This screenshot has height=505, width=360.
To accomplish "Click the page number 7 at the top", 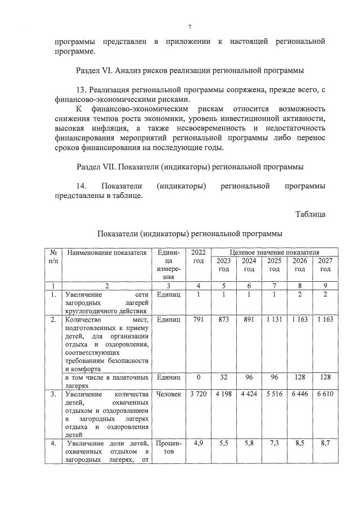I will click(x=190, y=26).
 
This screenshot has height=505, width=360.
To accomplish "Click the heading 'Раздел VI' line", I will click(x=190, y=71).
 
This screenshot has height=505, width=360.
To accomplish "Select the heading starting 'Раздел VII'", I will click(x=190, y=167).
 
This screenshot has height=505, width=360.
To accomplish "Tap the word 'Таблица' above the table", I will click(x=310, y=214).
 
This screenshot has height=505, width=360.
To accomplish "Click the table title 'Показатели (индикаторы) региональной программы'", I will click(x=190, y=233).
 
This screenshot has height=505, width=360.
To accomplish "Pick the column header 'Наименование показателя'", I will click(x=106, y=253).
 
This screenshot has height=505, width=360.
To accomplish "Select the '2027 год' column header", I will click(x=325, y=265).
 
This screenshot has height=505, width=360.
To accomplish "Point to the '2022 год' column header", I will click(x=198, y=257).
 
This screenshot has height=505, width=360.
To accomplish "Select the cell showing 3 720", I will click(x=198, y=394).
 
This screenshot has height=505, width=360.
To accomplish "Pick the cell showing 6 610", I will click(x=325, y=394).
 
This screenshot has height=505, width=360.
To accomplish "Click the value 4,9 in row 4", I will click(x=198, y=444).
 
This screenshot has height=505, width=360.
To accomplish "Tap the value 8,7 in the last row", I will click(x=325, y=444).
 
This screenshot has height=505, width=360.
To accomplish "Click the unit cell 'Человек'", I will click(x=169, y=394).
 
